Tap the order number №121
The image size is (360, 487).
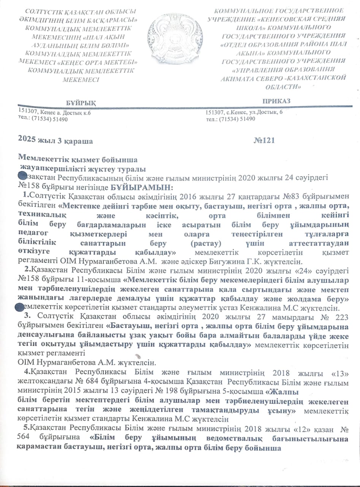point(263,140)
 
